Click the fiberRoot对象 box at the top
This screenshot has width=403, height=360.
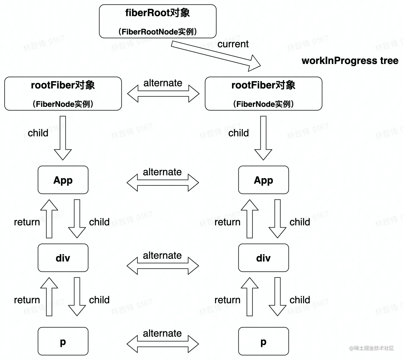point(158,21)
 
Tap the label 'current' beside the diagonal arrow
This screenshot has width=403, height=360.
point(233,44)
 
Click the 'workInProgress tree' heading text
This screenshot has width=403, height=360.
point(350,61)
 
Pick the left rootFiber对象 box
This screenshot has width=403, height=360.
point(63,94)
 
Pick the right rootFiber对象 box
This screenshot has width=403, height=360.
point(263,94)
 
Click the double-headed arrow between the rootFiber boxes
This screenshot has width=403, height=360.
point(163,94)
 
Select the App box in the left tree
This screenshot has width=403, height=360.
point(63,180)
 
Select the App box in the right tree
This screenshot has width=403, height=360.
point(263,180)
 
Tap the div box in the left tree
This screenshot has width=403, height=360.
point(63,258)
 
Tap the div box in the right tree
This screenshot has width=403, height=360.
point(263,258)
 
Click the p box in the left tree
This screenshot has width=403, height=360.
point(63,341)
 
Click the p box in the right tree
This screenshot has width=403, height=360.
point(263,341)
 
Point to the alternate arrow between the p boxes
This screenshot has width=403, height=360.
point(163,344)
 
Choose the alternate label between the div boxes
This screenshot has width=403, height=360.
point(162,255)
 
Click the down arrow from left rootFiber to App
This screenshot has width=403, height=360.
point(63,138)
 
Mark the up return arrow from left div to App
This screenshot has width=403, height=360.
point(49,218)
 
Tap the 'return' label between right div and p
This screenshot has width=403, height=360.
point(227,300)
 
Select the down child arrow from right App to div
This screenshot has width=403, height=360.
point(277,218)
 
